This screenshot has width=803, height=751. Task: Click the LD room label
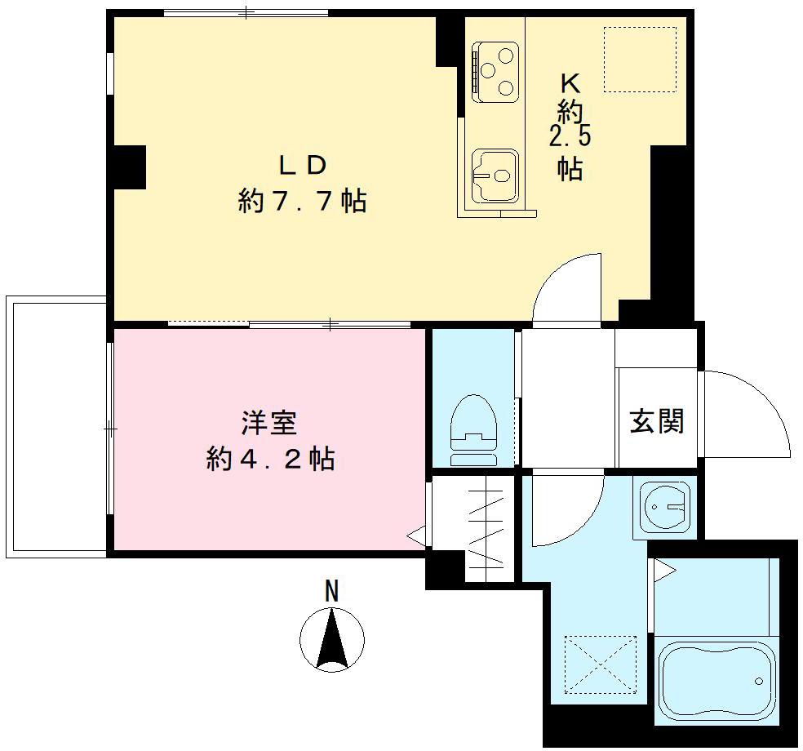(x=303, y=165)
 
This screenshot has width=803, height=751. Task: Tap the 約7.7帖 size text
(x=302, y=201)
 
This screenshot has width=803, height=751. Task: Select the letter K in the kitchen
(x=570, y=83)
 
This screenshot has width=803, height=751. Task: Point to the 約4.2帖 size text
(x=270, y=460)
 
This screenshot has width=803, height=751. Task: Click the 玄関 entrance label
(x=656, y=421)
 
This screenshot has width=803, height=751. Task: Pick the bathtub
(x=716, y=682)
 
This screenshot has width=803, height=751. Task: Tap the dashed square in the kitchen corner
(x=640, y=59)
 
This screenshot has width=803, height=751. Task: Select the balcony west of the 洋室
(x=55, y=426)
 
